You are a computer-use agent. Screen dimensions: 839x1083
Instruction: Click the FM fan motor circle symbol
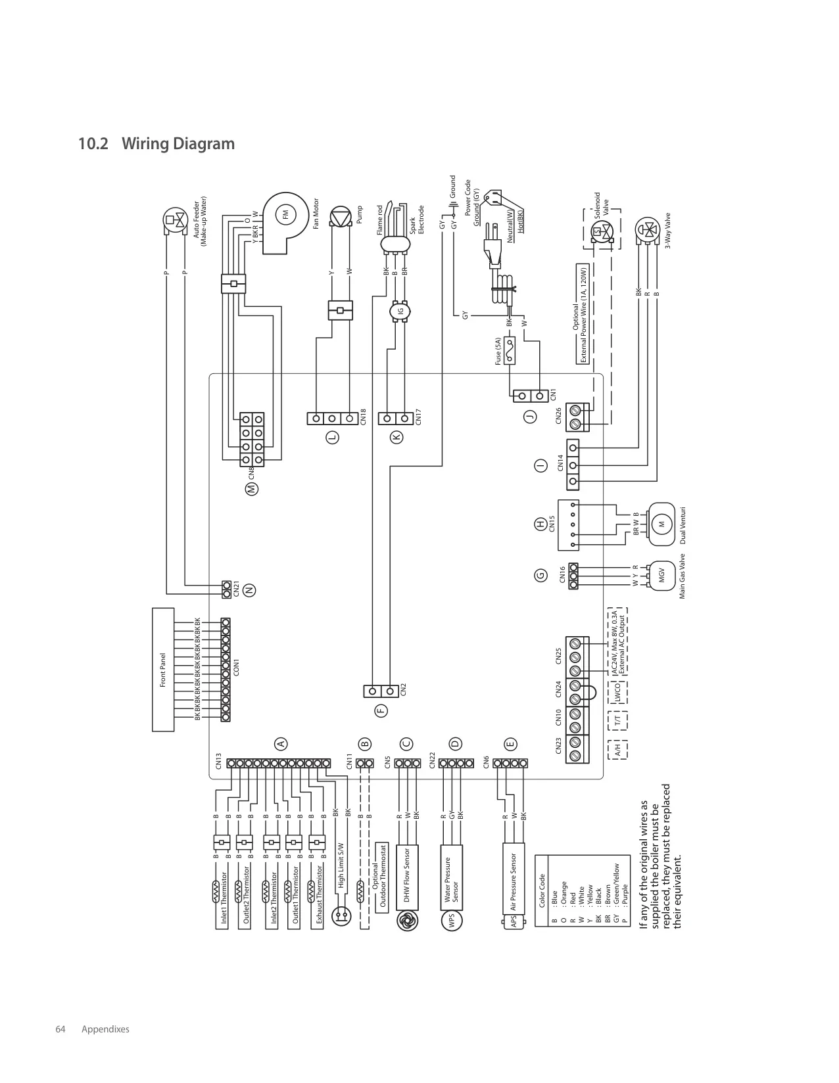point(285,215)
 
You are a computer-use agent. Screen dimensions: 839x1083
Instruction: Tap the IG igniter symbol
point(399,311)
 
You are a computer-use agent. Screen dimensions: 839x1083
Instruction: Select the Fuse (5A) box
point(509,350)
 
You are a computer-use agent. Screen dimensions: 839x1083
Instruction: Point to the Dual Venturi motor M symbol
point(661,524)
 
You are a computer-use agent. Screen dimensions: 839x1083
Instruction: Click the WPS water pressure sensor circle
point(452,921)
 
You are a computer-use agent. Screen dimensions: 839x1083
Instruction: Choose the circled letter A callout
point(281,744)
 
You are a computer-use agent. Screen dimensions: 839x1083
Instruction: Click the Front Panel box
point(163,670)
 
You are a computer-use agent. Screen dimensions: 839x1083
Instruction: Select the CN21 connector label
point(236,589)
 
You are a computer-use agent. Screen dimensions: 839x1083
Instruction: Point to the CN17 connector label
point(418,417)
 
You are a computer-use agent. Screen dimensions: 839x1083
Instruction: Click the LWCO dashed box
point(617,692)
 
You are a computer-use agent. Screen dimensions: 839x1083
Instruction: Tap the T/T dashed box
point(617,720)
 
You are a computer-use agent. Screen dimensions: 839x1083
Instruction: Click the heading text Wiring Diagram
point(178,143)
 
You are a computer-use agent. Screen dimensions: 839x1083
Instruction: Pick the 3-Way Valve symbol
point(648,231)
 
